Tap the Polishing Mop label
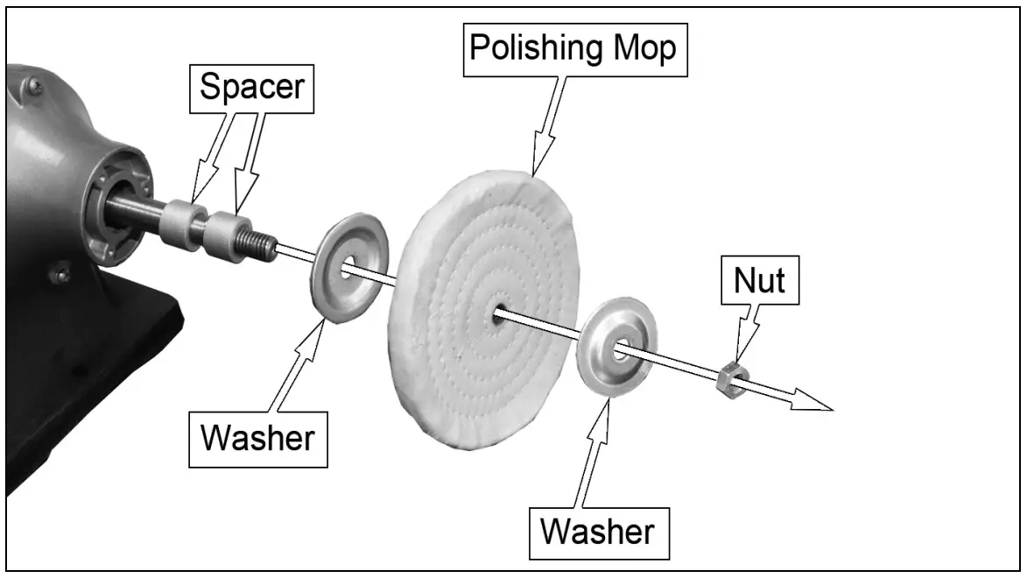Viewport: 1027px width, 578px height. coord(573,49)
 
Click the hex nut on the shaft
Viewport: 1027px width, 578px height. coord(731,380)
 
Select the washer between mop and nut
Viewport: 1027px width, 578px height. coord(618,346)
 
